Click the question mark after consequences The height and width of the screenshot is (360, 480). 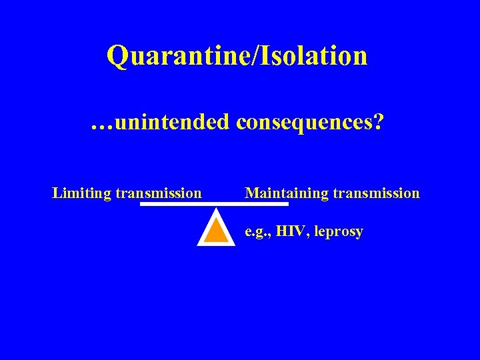[x=379, y=122]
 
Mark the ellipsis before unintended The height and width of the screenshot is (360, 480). [x=103, y=124]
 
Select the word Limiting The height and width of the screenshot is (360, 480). [x=82, y=194]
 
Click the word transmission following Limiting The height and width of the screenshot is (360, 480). [x=158, y=194]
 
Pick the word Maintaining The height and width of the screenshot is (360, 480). [x=287, y=194]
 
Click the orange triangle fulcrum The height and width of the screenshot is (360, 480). [x=216, y=230]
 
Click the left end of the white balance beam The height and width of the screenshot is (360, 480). [x=143, y=205]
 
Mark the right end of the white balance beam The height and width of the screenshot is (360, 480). [x=286, y=205]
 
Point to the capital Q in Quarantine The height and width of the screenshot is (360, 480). [x=118, y=57]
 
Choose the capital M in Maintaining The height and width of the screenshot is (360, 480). [x=252, y=194]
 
